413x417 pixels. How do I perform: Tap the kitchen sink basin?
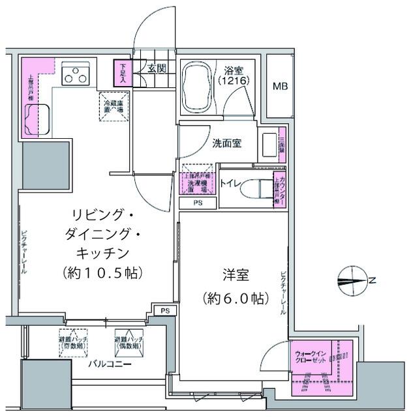(x=36, y=119)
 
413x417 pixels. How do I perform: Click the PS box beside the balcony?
(x=165, y=311)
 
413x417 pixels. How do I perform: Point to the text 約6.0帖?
(x=234, y=299)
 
